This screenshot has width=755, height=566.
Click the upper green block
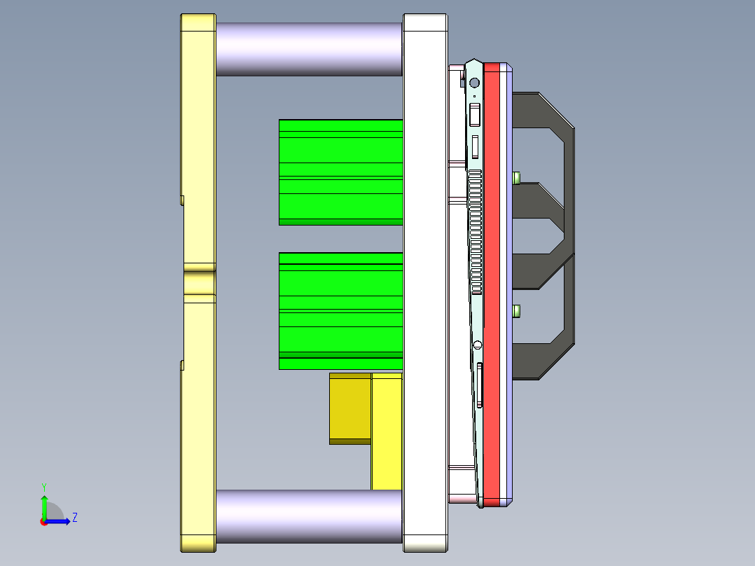(x=340, y=172)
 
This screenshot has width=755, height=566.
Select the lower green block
(x=340, y=311)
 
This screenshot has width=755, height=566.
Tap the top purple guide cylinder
(x=308, y=49)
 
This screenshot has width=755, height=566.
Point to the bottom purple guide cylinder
(x=308, y=516)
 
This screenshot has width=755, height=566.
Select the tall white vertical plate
(x=424, y=280)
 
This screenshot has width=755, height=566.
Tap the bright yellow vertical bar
(x=387, y=434)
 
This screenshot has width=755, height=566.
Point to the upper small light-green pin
(x=517, y=177)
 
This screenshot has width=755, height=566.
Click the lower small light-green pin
(x=517, y=310)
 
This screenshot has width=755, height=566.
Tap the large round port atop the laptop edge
(x=474, y=83)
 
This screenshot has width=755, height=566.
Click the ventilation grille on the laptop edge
(x=476, y=231)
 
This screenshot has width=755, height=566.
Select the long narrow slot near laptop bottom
(x=479, y=385)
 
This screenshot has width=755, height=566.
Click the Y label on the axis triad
(x=44, y=486)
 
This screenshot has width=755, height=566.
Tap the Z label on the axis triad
(x=74, y=518)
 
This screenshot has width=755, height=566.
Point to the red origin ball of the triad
(x=44, y=522)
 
